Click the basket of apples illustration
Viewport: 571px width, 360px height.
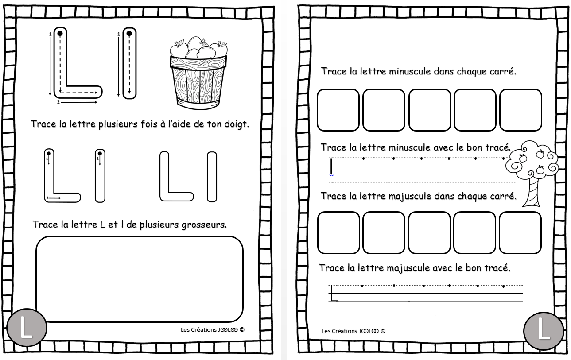(x=198, y=74)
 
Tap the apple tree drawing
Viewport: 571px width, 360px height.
(x=532, y=173)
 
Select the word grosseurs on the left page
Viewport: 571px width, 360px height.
(x=204, y=225)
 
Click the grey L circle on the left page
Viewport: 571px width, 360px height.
(x=27, y=328)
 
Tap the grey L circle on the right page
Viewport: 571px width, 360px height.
(x=544, y=331)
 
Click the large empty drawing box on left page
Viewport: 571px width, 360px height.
(x=140, y=279)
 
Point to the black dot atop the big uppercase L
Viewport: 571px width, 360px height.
(x=60, y=33)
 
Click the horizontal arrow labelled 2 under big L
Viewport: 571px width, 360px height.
(x=79, y=102)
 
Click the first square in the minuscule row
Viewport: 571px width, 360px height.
(x=338, y=110)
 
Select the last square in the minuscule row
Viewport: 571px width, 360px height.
(x=521, y=110)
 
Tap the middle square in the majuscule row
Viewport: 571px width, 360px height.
(x=429, y=232)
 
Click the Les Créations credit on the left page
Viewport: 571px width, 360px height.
(x=213, y=330)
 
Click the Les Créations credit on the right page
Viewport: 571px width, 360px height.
(x=353, y=331)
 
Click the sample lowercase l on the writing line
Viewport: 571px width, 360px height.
(x=331, y=166)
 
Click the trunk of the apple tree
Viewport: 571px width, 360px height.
(x=532, y=192)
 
